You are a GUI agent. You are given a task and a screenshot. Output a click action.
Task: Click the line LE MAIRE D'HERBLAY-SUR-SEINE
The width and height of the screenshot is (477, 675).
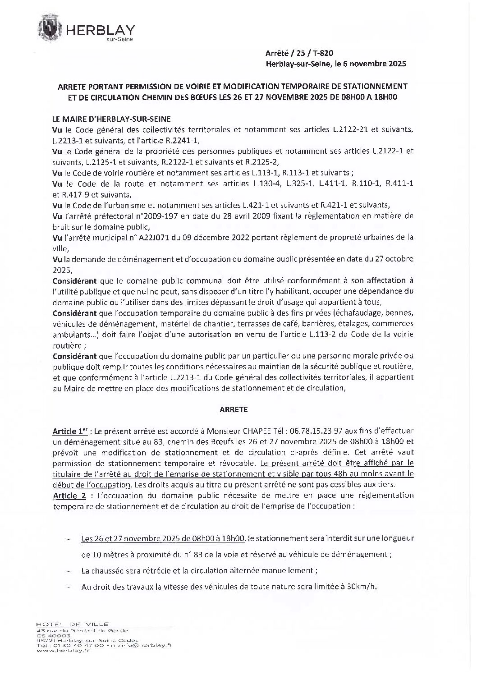click(111, 119)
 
